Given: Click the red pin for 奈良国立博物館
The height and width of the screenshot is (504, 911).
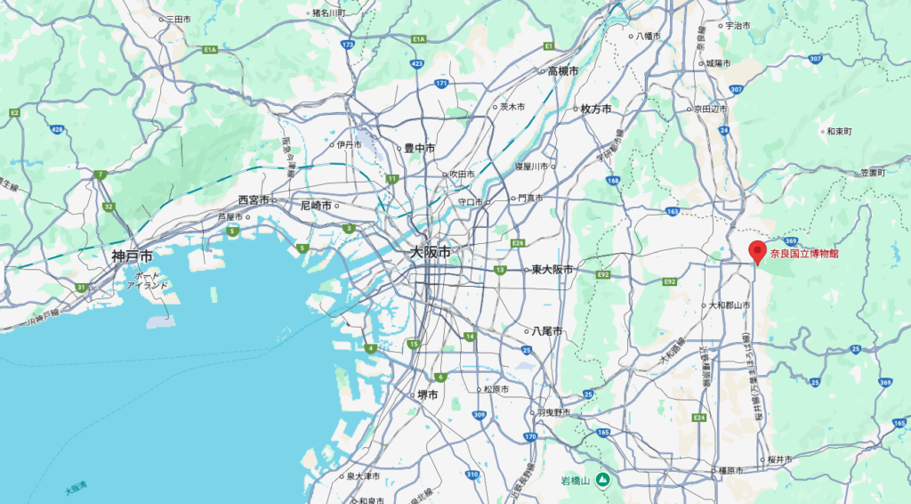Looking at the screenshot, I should pyautogui.click(x=757, y=251).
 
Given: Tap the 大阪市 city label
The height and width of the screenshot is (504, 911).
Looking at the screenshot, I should pyautogui.click(x=430, y=253).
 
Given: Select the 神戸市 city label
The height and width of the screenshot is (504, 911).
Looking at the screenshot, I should pyautogui.click(x=132, y=256).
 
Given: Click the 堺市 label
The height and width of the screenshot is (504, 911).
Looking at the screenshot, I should pyautogui.click(x=428, y=394).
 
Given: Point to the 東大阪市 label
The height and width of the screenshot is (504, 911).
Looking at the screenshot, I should pyautogui.click(x=552, y=270).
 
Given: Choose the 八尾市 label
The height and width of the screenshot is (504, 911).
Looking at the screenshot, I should pyautogui.click(x=547, y=330).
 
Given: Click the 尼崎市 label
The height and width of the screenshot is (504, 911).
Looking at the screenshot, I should pyautogui.click(x=316, y=205).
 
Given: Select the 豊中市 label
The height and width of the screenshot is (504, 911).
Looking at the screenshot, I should pyautogui.click(x=419, y=149).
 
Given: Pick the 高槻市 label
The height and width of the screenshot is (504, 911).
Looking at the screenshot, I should pyautogui.click(x=563, y=71).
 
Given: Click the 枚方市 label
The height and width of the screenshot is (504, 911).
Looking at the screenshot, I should pyautogui.click(x=596, y=109).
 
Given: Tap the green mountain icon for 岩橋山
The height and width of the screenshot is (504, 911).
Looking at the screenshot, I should pyautogui.click(x=602, y=481).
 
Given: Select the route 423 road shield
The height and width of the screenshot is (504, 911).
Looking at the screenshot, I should pyautogui.click(x=416, y=64).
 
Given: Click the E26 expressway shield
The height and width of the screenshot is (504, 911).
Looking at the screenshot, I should pyautogui.click(x=519, y=242).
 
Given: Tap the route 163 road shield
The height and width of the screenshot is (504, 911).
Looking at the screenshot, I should pyautogui.click(x=672, y=211).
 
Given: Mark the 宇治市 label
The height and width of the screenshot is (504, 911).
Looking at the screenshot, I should pyautogui.click(x=739, y=26).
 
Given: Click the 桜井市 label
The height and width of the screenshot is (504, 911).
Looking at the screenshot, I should pyautogui.click(x=780, y=459).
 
